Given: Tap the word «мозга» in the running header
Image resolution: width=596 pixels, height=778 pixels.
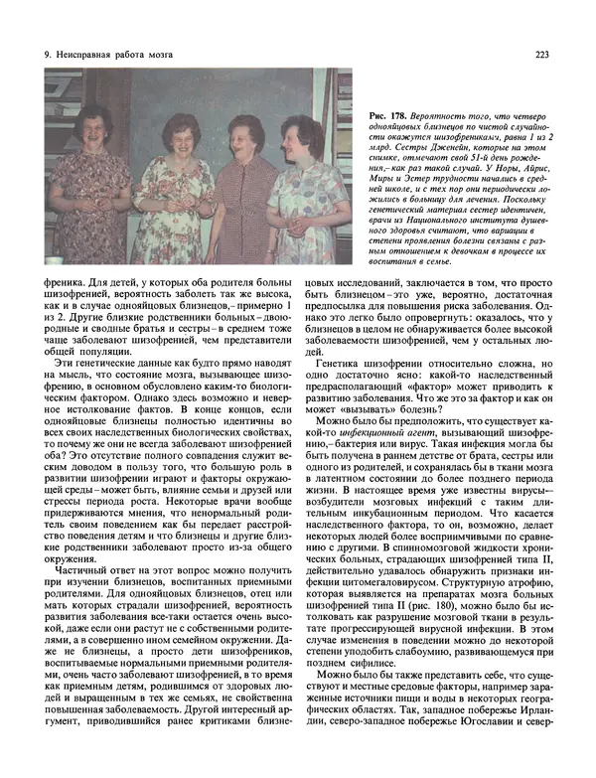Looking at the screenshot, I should tap(183, 55).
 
